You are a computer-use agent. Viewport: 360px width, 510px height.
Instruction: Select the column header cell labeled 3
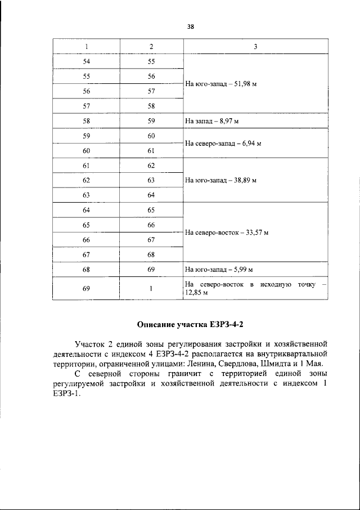click(255, 46)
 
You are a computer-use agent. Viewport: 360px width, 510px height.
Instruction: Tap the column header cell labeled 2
click(151, 46)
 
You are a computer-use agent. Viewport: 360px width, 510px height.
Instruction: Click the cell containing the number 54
click(87, 61)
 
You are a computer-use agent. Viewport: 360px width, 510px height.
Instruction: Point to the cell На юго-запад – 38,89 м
click(220, 181)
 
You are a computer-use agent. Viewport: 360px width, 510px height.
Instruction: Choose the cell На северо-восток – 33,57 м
click(226, 232)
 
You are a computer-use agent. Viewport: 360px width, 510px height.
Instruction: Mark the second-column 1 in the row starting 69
click(151, 289)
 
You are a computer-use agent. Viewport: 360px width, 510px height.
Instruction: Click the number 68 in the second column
click(151, 255)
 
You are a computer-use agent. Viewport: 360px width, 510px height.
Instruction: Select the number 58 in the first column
click(87, 121)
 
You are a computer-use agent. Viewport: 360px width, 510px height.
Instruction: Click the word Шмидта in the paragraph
click(271, 364)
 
